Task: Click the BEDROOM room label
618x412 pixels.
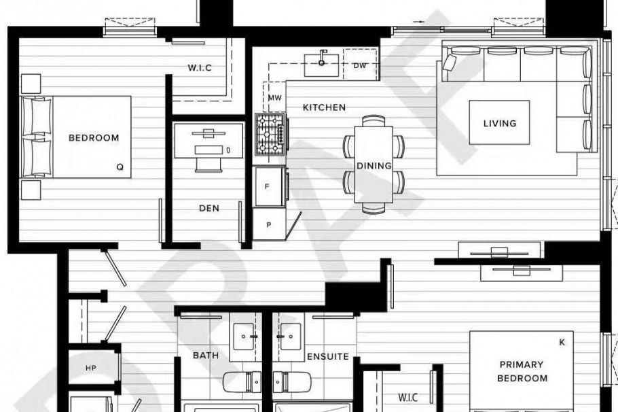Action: pyautogui.click(x=94, y=137)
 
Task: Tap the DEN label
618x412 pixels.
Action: pyautogui.click(x=209, y=209)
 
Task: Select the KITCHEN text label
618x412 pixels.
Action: pyautogui.click(x=324, y=107)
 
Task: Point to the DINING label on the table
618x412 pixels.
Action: pyautogui.click(x=374, y=166)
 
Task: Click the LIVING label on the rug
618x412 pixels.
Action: pyautogui.click(x=500, y=124)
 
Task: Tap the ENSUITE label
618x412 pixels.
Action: pyautogui.click(x=328, y=356)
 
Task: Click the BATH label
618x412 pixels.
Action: pyautogui.click(x=205, y=356)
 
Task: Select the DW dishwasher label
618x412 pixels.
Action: pyautogui.click(x=360, y=65)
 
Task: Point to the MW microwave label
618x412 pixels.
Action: pyautogui.click(x=274, y=98)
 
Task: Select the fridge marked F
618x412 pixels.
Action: pyautogui.click(x=268, y=186)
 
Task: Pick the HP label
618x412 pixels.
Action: pyautogui.click(x=92, y=368)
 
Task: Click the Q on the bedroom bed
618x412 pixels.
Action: pyautogui.click(x=120, y=165)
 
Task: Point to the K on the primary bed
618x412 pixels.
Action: pyautogui.click(x=562, y=343)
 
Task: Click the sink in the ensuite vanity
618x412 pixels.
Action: pyautogui.click(x=291, y=337)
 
